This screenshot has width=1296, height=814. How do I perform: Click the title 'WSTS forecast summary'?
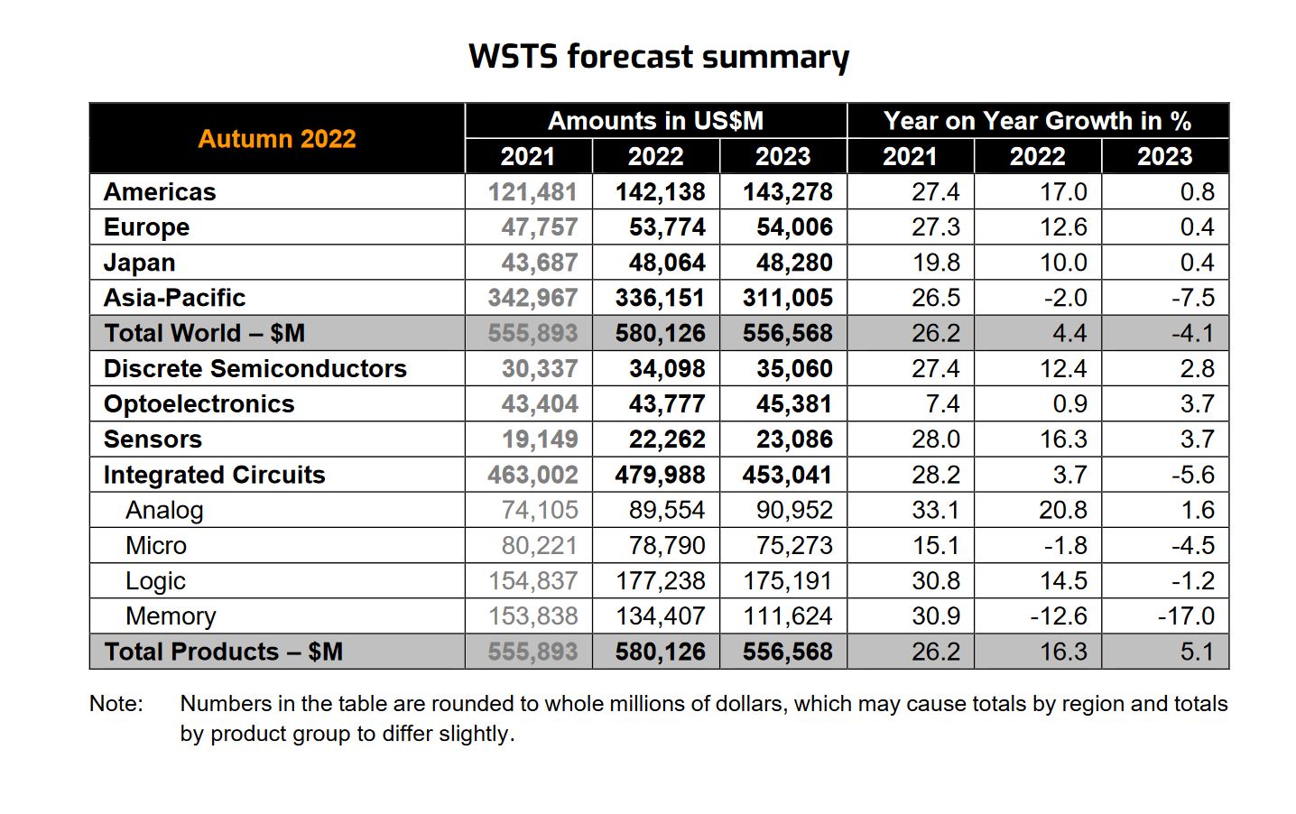pos(658,57)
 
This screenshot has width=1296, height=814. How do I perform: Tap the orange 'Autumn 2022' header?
pos(277,139)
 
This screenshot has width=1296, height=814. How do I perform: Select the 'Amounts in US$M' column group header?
pos(655,121)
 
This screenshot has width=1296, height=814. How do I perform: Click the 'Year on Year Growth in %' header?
pos(1037,121)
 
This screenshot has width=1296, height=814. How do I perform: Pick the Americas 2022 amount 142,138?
pos(660,192)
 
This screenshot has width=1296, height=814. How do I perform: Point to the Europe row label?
pos(146,227)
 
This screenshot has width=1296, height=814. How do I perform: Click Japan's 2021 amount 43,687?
pos(540,263)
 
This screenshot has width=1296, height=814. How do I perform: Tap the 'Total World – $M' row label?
pos(204,333)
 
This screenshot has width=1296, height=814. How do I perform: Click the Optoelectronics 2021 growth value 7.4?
pos(942,404)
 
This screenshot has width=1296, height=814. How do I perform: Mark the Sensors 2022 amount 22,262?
pos(667,439)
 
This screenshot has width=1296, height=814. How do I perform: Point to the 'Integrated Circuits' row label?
pos(214,475)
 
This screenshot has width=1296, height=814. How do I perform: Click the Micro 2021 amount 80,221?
pos(540,546)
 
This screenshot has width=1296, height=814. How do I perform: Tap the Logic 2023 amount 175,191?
pos(787,581)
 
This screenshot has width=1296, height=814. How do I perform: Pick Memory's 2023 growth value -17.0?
pos(1186,616)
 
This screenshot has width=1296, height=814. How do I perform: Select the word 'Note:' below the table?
pos(116,704)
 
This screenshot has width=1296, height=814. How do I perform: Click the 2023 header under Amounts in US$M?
pos(782,156)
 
